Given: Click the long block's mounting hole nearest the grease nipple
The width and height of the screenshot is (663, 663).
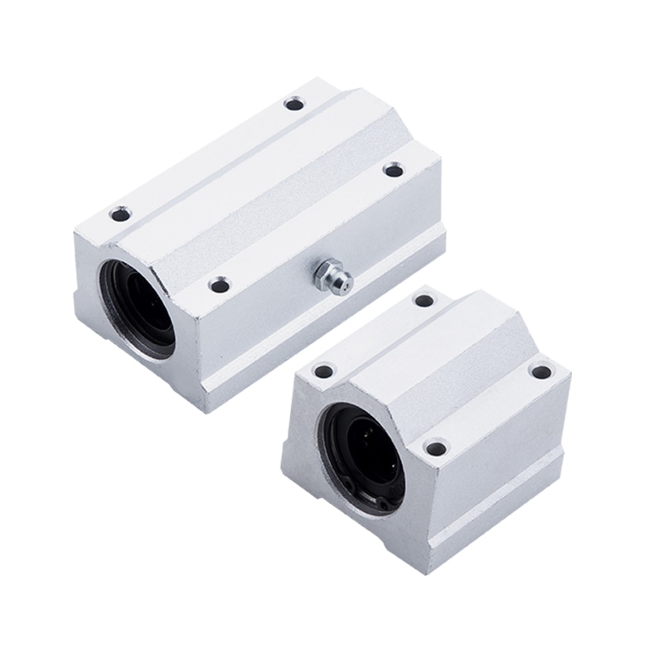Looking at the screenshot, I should coord(219,285).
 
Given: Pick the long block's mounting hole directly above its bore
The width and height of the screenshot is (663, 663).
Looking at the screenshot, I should coord(120,215).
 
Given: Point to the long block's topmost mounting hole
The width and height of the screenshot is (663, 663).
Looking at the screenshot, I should coord(293,104).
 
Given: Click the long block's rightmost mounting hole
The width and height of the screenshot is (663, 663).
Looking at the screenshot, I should coord(393,170).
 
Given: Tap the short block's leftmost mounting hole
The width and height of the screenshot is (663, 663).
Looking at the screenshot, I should coord(324,371).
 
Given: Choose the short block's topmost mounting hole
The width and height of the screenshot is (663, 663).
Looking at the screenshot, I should coord(423,300).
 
